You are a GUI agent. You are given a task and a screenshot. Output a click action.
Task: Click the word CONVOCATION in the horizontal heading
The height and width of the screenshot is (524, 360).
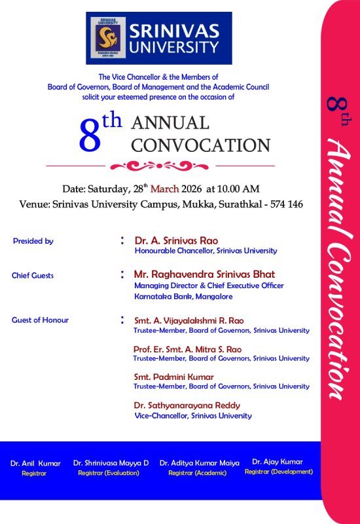[x=201, y=145]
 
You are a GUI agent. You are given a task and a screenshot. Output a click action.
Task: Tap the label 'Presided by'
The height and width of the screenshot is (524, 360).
[x=33, y=241]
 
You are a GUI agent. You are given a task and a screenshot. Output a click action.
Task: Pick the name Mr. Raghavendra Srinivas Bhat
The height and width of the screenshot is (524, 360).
[x=204, y=274]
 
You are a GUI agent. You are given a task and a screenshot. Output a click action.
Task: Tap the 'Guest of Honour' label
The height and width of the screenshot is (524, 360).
[x=40, y=320]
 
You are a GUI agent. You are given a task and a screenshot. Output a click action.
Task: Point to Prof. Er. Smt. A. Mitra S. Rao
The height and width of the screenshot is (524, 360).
[x=187, y=349]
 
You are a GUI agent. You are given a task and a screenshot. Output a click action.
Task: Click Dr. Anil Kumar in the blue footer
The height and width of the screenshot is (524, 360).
[x=35, y=463]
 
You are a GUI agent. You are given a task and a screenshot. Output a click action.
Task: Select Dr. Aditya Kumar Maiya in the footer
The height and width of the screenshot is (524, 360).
[x=200, y=463]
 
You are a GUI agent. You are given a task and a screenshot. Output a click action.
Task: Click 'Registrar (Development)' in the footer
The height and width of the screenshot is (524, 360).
[x=278, y=472]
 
